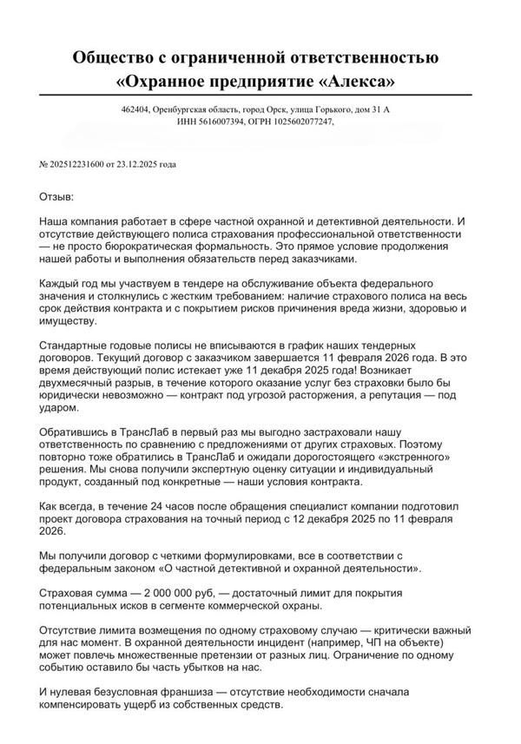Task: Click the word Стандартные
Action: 79,346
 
